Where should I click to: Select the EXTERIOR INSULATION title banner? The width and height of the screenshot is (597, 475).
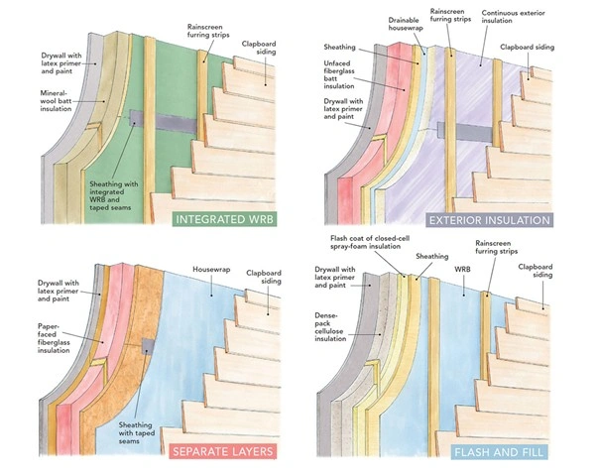[x=505, y=219]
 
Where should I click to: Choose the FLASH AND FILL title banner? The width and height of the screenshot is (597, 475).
[x=507, y=452]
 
